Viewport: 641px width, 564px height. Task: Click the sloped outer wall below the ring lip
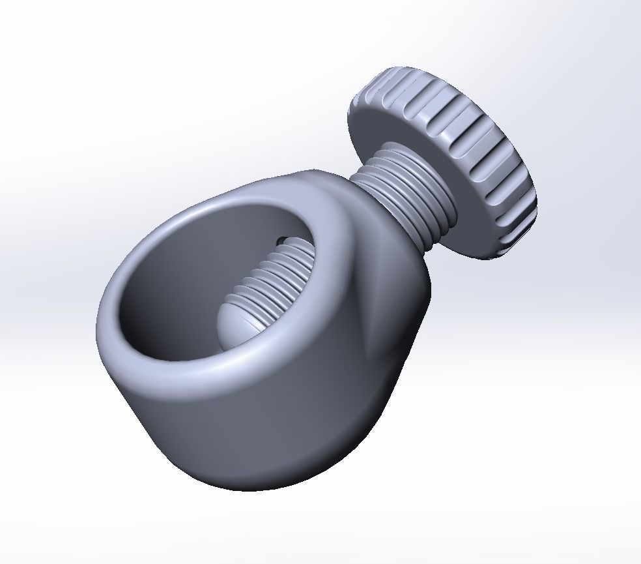(x=261, y=430)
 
